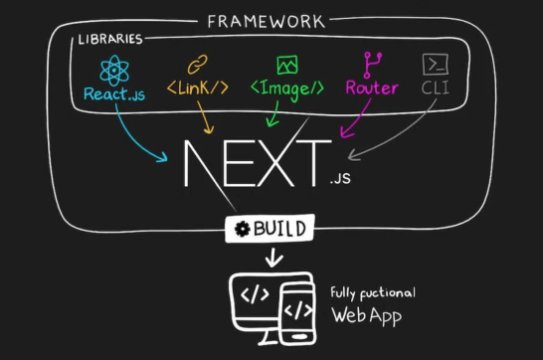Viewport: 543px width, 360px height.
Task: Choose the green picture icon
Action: coord(287,65)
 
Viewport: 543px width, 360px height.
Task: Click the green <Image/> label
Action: coord(286,88)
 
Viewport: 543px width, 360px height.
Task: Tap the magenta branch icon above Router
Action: coord(372,64)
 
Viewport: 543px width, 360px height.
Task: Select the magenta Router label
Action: coord(372,88)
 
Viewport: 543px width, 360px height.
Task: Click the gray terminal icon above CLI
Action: coord(436,65)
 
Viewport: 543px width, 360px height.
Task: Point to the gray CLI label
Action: coord(436,88)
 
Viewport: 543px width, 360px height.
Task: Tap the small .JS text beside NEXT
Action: coord(340,181)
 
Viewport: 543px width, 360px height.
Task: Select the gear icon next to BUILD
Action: coord(241,230)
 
